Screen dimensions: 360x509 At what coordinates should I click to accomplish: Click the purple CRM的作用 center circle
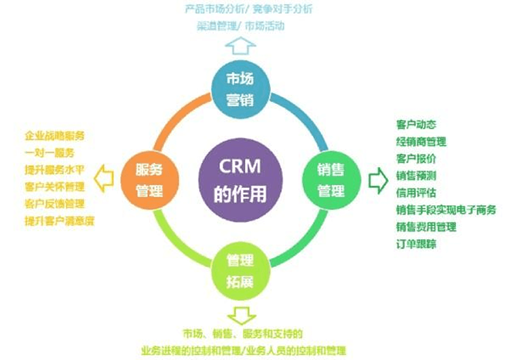coord(240,180)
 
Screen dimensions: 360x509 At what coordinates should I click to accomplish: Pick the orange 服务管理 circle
coord(149,180)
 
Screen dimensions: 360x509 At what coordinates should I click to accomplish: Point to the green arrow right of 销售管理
coord(377,180)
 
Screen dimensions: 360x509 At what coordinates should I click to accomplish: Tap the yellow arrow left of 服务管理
coord(103,180)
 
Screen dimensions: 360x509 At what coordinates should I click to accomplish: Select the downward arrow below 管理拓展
coord(240,315)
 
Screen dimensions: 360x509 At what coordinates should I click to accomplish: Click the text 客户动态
coord(415,125)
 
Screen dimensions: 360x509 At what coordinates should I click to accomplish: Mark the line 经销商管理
coord(421,142)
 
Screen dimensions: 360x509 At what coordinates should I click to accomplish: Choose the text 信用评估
coord(415,192)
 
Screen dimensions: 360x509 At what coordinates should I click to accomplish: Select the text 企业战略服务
coord(59,136)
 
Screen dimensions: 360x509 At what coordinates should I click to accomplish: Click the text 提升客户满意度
coord(59,221)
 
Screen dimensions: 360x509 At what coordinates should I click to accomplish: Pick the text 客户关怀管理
coord(59,187)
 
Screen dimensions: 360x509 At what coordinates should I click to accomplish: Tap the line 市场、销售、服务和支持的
coord(242,334)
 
